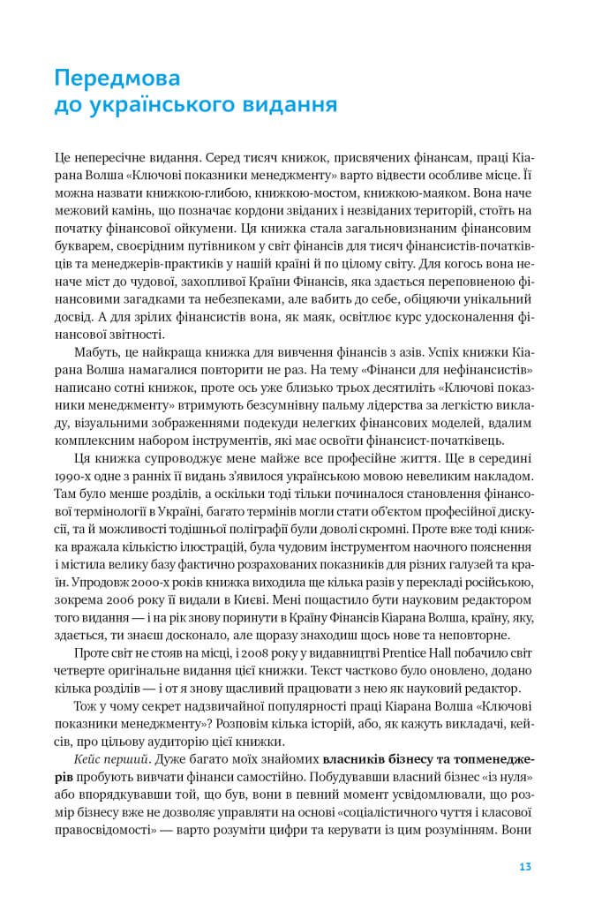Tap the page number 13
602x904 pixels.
pyautogui.click(x=524, y=866)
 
